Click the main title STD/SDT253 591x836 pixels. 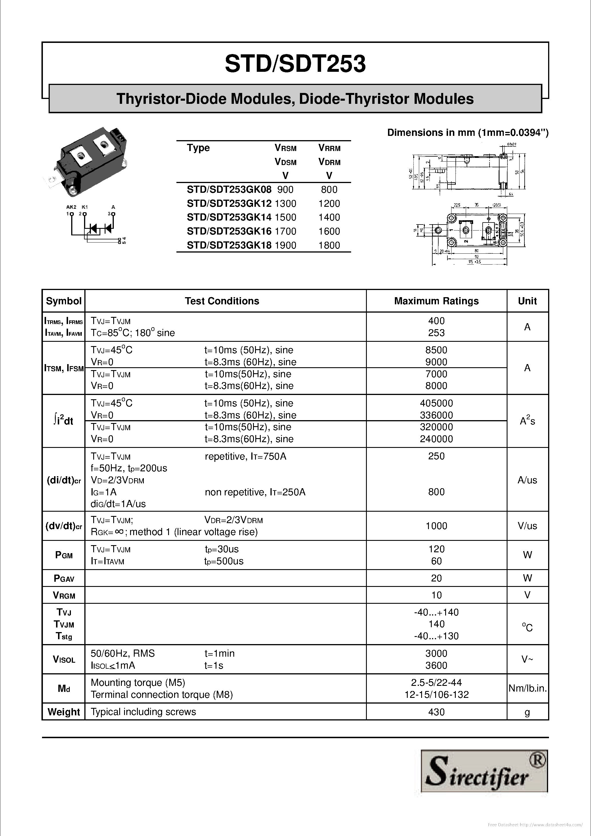295,64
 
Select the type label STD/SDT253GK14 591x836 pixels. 229,217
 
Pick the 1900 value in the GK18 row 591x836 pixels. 285,245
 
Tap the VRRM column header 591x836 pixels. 329,148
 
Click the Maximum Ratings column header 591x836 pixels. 436,301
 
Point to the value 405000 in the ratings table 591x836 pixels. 436,403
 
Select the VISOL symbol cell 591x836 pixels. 64,660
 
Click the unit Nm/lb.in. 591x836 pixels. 527,688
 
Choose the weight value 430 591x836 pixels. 436,712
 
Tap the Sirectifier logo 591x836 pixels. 484,771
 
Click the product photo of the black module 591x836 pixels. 87,160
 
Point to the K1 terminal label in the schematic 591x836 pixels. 84,207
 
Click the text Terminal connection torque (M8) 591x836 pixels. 162,695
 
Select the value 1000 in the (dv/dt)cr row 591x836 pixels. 436,526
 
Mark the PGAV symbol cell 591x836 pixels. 64,578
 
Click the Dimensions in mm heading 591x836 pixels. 468,132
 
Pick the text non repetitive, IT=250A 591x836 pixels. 255,492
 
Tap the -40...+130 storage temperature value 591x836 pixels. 436,636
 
